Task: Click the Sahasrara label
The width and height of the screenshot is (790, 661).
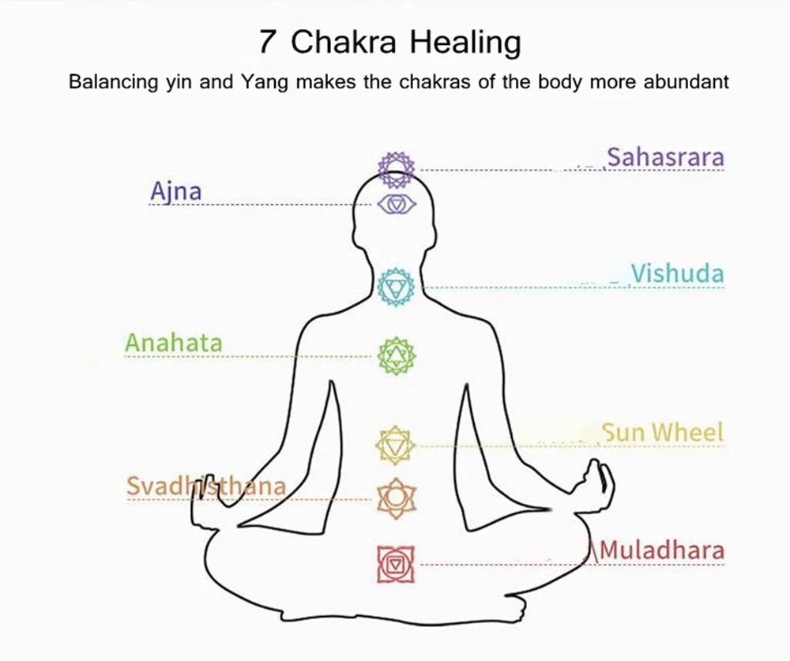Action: point(665,158)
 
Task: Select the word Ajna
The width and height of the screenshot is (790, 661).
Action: point(175,191)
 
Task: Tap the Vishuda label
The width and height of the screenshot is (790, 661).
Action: point(677,274)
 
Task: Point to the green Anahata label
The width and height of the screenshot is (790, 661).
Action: point(174,344)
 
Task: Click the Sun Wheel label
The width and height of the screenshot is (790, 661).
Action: point(663,432)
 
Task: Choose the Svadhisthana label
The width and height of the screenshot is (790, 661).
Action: point(205,486)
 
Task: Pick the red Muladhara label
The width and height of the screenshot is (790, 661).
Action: point(662,550)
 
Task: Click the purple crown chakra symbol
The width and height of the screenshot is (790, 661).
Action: point(397,166)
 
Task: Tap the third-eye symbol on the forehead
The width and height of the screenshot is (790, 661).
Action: point(397,205)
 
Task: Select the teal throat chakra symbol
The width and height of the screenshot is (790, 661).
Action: point(396,287)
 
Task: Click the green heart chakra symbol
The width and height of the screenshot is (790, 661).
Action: point(396,356)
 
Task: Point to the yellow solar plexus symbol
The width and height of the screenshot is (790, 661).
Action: point(393,445)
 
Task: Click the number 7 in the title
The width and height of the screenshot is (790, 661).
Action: point(268,41)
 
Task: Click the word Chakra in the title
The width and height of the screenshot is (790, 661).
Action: point(344,41)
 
